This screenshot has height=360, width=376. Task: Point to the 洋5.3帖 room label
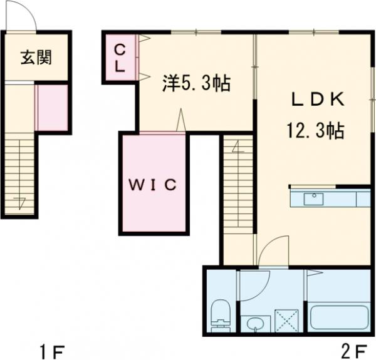[197, 82]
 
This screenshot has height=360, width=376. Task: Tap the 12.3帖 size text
[315, 131]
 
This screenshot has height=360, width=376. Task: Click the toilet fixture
[221, 313]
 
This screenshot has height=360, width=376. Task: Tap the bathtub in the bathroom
[338, 316]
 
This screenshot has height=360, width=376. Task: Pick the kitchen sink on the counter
[313, 199]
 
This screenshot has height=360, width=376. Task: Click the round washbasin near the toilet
[254, 324]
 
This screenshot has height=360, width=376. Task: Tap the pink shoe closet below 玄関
[51, 108]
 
